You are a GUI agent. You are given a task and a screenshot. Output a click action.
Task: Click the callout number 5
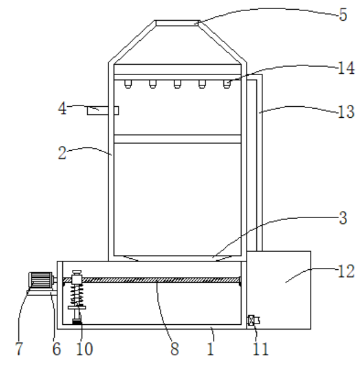(x=344, y=15)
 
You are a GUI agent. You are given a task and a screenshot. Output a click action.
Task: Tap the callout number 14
(x=346, y=68)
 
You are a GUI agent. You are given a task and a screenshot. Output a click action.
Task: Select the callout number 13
(x=346, y=112)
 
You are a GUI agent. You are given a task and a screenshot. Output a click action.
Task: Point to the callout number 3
(x=344, y=218)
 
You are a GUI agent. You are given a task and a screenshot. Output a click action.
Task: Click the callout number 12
(x=346, y=271)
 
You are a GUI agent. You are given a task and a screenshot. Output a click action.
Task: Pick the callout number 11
(x=261, y=349)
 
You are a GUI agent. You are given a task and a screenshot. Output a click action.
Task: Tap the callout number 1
(x=211, y=349)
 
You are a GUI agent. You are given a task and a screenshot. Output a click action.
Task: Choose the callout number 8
(x=175, y=349)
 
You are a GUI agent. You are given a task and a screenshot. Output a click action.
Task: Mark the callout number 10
(x=85, y=349)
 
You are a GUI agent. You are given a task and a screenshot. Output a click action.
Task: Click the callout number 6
(x=57, y=349)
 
